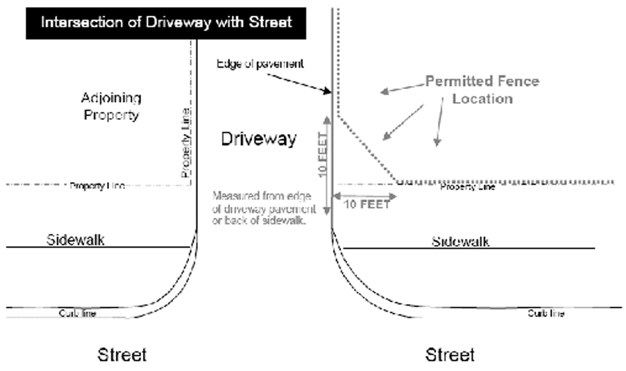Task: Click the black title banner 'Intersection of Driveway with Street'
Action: tap(166, 23)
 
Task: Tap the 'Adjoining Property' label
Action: tap(111, 106)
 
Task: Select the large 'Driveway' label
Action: tap(259, 139)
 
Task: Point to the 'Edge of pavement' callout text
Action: tap(260, 64)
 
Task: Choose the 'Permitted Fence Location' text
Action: tap(482, 90)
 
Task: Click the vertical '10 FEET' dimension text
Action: tap(322, 155)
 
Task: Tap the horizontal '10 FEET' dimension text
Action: tap(367, 204)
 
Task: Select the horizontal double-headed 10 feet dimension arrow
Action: tap(364, 196)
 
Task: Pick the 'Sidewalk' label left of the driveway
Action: tap(76, 239)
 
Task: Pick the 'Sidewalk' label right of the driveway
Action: tap(460, 241)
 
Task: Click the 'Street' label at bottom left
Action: tap(122, 355)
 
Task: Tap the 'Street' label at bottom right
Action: tap(450, 355)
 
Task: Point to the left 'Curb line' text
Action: tap(77, 313)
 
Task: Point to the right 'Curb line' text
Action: tap(546, 313)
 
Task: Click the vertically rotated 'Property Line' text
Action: tap(186, 143)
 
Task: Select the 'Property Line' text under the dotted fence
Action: tap(468, 187)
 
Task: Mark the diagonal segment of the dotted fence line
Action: tap(367, 148)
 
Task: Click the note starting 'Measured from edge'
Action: tap(263, 208)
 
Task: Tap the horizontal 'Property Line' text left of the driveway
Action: tap(97, 186)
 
